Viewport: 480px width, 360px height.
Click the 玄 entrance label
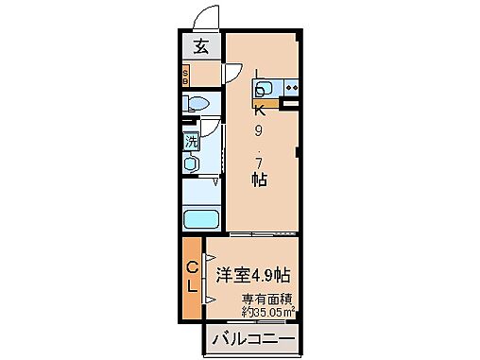tap(201, 44)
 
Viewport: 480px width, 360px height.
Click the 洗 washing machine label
tap(191, 143)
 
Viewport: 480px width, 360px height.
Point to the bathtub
tap(200, 221)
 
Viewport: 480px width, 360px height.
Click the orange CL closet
tap(192, 278)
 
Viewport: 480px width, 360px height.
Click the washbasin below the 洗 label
tap(191, 163)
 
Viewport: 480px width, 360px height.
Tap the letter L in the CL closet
tap(192, 288)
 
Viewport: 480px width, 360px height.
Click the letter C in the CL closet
tap(192, 268)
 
